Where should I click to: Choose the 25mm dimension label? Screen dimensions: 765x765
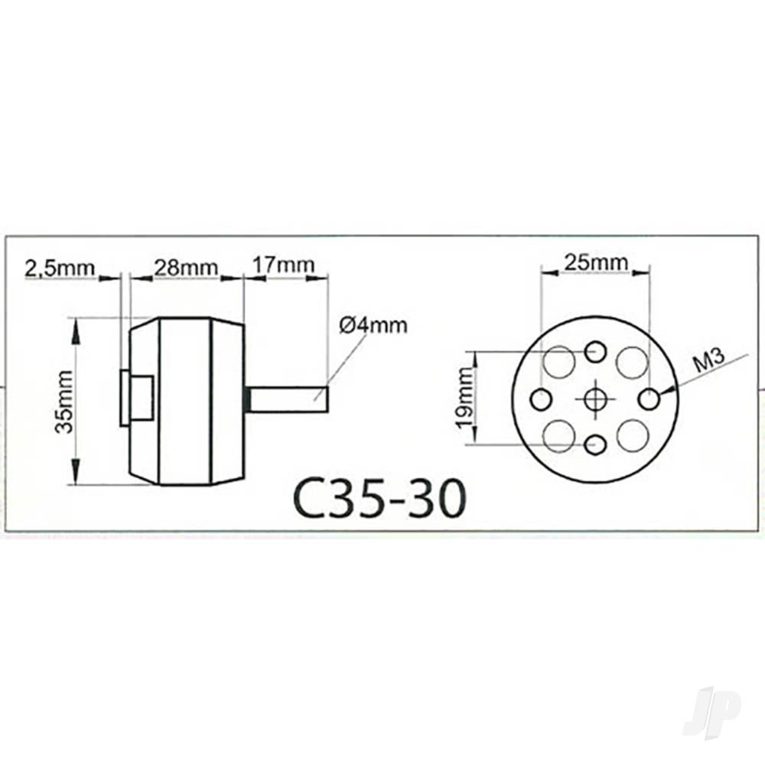click(x=596, y=263)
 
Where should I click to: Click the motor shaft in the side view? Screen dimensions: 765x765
click(x=289, y=399)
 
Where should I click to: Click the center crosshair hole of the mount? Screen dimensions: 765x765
click(x=595, y=399)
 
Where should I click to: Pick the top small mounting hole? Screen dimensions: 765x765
click(x=595, y=353)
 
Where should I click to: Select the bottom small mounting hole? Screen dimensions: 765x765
click(x=595, y=444)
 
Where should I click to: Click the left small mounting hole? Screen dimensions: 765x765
click(x=541, y=399)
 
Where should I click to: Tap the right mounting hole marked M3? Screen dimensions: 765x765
click(x=649, y=399)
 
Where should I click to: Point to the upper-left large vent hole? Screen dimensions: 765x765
click(x=558, y=361)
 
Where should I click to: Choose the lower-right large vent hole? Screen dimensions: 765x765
click(x=633, y=435)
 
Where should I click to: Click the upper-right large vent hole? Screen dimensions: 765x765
click(x=633, y=362)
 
